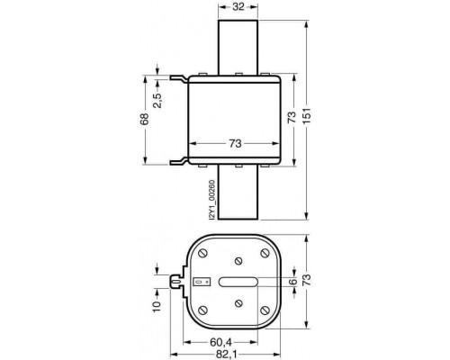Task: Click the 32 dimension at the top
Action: (x=238, y=6)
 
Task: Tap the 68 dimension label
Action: (x=145, y=119)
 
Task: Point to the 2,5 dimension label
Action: (x=157, y=100)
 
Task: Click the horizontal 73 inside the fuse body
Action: (x=235, y=144)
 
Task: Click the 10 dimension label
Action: (x=157, y=306)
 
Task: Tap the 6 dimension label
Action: (x=293, y=281)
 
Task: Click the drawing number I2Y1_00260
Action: (x=212, y=200)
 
